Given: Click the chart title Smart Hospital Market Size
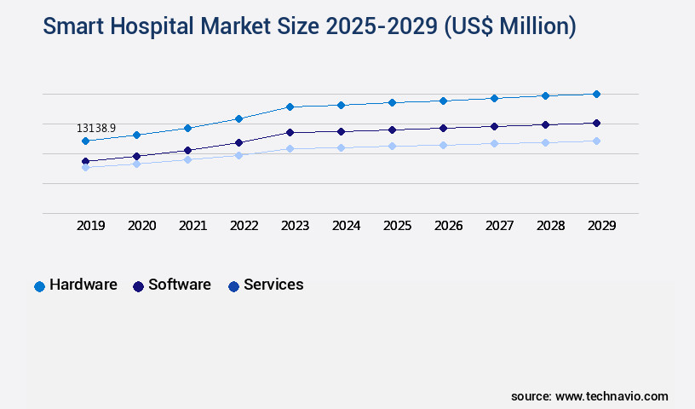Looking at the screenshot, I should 309,26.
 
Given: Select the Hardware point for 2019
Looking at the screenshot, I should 85,141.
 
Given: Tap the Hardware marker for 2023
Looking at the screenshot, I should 290,107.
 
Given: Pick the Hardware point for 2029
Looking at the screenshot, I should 596,94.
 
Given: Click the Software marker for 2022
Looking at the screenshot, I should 238,142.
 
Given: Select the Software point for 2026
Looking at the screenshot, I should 443,128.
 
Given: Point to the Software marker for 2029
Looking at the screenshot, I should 596,123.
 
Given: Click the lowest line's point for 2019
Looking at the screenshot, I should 85,167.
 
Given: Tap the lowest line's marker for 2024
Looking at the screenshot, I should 341,147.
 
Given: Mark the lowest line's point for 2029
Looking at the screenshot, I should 596,141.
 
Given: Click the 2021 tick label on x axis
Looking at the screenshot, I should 192,226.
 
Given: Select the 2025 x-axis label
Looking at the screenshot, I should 397,226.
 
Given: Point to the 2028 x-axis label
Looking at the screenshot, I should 550,226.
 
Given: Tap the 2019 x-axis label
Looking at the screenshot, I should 90,226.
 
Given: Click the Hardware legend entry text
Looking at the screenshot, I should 83,285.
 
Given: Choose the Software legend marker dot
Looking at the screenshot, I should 138,286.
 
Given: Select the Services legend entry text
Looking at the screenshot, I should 273,285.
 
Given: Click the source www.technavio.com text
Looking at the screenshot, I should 589,396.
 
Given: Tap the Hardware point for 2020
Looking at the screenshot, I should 136,135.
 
